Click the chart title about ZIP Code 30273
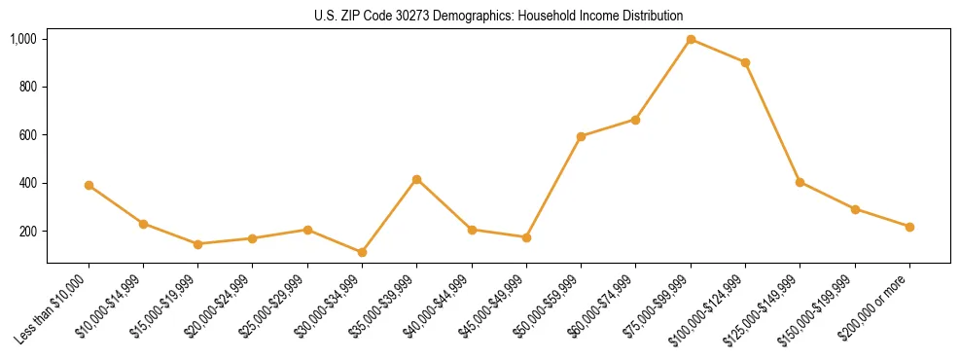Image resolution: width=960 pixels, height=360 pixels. pyautogui.click(x=498, y=17)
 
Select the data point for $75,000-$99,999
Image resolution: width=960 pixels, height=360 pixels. pyautogui.click(x=691, y=39)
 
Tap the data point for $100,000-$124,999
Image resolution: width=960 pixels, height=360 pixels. pyautogui.click(x=745, y=62)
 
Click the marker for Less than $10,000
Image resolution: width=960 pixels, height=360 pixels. pyautogui.click(x=89, y=185)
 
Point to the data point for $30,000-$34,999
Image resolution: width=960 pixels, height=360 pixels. pyautogui.click(x=362, y=252)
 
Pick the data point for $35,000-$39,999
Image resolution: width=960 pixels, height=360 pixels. pyautogui.click(x=416, y=179)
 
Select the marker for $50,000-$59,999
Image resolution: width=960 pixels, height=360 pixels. pyautogui.click(x=581, y=136)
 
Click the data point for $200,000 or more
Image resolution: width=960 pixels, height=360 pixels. pyautogui.click(x=909, y=227)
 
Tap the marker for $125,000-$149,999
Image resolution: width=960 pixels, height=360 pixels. pyautogui.click(x=800, y=182)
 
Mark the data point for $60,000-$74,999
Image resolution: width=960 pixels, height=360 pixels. pyautogui.click(x=635, y=120)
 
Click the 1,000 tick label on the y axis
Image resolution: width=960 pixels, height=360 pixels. pyautogui.click(x=23, y=39)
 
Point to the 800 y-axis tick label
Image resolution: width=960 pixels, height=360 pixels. pyautogui.click(x=27, y=87)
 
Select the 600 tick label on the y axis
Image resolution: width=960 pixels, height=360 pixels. pyautogui.click(x=27, y=135)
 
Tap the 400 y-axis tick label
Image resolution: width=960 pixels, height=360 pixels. pyautogui.click(x=27, y=183)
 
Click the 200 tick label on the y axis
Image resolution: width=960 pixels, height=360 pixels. pyautogui.click(x=27, y=232)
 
